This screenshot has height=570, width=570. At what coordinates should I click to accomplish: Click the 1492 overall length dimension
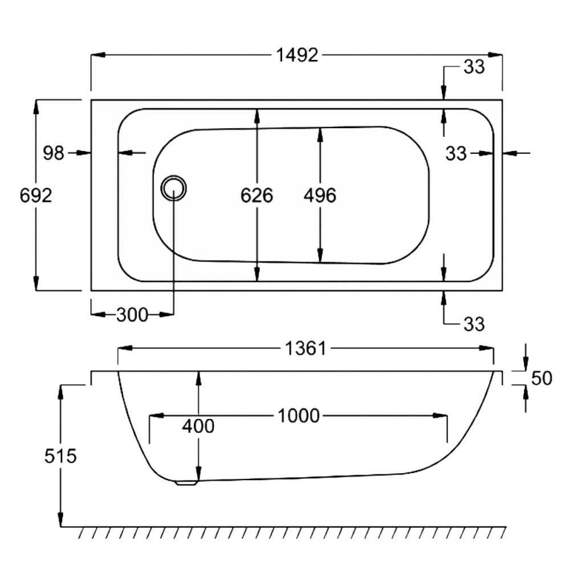point(297,55)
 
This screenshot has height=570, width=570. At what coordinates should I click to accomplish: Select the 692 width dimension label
point(35,196)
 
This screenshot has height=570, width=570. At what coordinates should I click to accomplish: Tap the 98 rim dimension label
point(54,153)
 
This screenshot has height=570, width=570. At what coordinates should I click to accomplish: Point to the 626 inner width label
point(256,196)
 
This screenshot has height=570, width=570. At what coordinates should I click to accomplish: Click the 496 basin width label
point(320,196)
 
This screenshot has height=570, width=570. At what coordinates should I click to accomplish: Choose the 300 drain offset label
point(132,315)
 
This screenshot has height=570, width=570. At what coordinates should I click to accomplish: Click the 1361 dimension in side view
point(306,349)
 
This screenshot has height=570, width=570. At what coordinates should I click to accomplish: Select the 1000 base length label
point(299,416)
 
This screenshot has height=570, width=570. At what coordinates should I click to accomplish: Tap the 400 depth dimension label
point(198,426)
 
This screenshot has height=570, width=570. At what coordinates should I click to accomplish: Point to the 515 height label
point(60,456)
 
